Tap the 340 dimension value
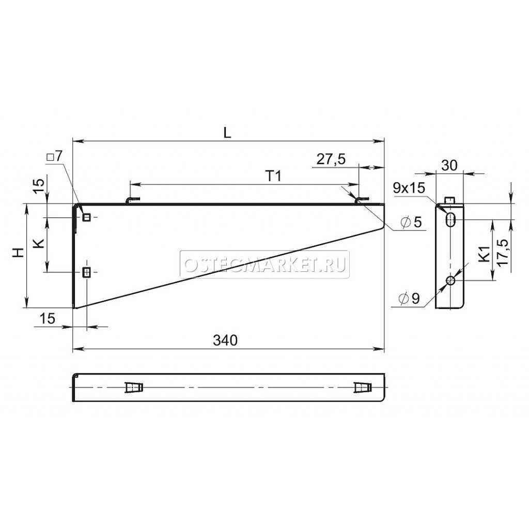coord(225,340)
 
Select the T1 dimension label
coord(274,176)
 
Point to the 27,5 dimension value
coord(331,159)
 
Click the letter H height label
coord(19,252)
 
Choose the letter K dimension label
coord(39,243)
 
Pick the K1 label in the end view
coord(485,254)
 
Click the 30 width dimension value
coord(449,165)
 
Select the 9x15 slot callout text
coord(409,188)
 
